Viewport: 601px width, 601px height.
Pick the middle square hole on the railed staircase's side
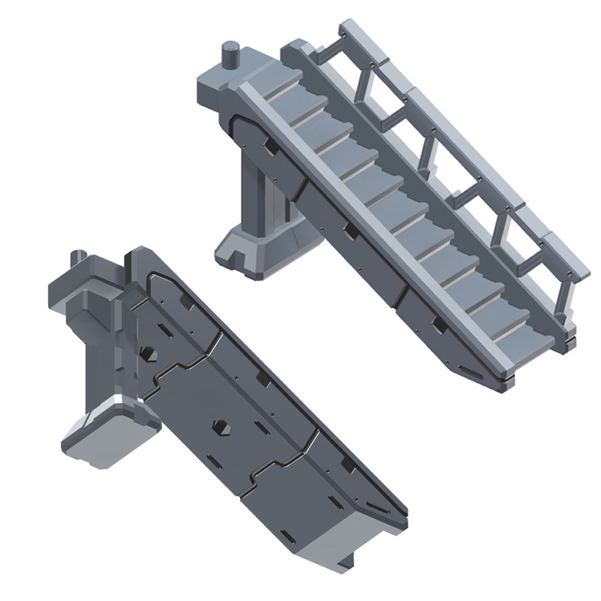[x=351, y=231]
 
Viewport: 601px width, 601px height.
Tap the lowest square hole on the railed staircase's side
[x=438, y=322]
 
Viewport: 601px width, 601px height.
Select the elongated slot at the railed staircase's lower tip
[x=470, y=370]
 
